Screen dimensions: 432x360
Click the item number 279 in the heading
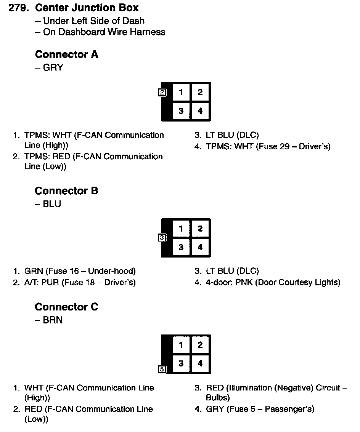(19, 8)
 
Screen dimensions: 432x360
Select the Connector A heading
(66, 54)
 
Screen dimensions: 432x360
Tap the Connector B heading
(66, 190)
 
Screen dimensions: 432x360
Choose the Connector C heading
(66, 307)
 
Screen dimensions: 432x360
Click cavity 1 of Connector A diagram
(181, 93)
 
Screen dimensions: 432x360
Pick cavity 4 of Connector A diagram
(200, 111)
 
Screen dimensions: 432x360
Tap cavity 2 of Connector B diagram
(200, 229)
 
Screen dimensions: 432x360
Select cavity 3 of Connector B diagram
(181, 247)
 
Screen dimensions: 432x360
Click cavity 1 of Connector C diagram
(181, 345)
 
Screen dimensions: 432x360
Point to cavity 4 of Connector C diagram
(200, 363)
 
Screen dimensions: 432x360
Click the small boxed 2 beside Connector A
(162, 92)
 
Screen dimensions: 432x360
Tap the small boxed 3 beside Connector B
(162, 238)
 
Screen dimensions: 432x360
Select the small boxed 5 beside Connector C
(162, 369)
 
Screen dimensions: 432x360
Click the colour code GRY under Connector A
(53, 68)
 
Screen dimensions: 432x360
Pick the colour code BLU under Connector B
(52, 204)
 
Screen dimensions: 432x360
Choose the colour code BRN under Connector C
(53, 320)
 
